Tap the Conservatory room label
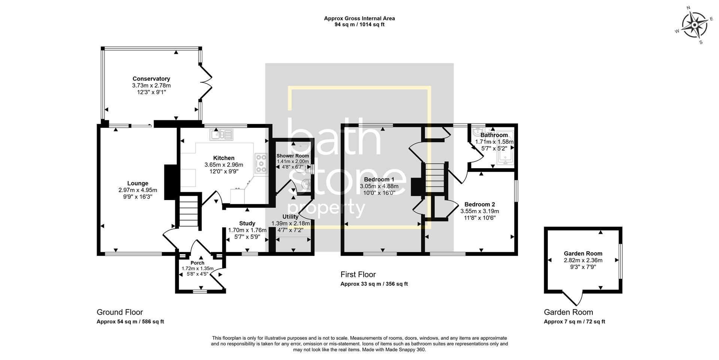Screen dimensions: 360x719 click(x=151, y=79)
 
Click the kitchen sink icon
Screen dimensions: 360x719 click(x=221, y=134)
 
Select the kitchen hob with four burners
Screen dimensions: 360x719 click(x=261, y=163)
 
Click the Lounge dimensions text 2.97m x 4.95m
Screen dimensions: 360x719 click(x=138, y=190)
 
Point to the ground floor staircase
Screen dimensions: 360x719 click(x=189, y=214)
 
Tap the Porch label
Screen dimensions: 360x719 click(x=197, y=263)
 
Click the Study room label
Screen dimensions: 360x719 click(x=247, y=223)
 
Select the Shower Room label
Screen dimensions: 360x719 click(x=293, y=156)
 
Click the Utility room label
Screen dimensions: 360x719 click(x=290, y=217)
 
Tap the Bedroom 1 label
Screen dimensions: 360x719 click(x=379, y=179)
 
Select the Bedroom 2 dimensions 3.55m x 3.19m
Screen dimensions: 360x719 click(x=480, y=211)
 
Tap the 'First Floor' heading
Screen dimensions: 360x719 click(x=358, y=275)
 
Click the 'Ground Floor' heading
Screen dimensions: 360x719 click(x=120, y=312)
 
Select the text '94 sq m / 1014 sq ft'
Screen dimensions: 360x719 click(x=359, y=25)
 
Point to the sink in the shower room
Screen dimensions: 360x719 click(x=306, y=184)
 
